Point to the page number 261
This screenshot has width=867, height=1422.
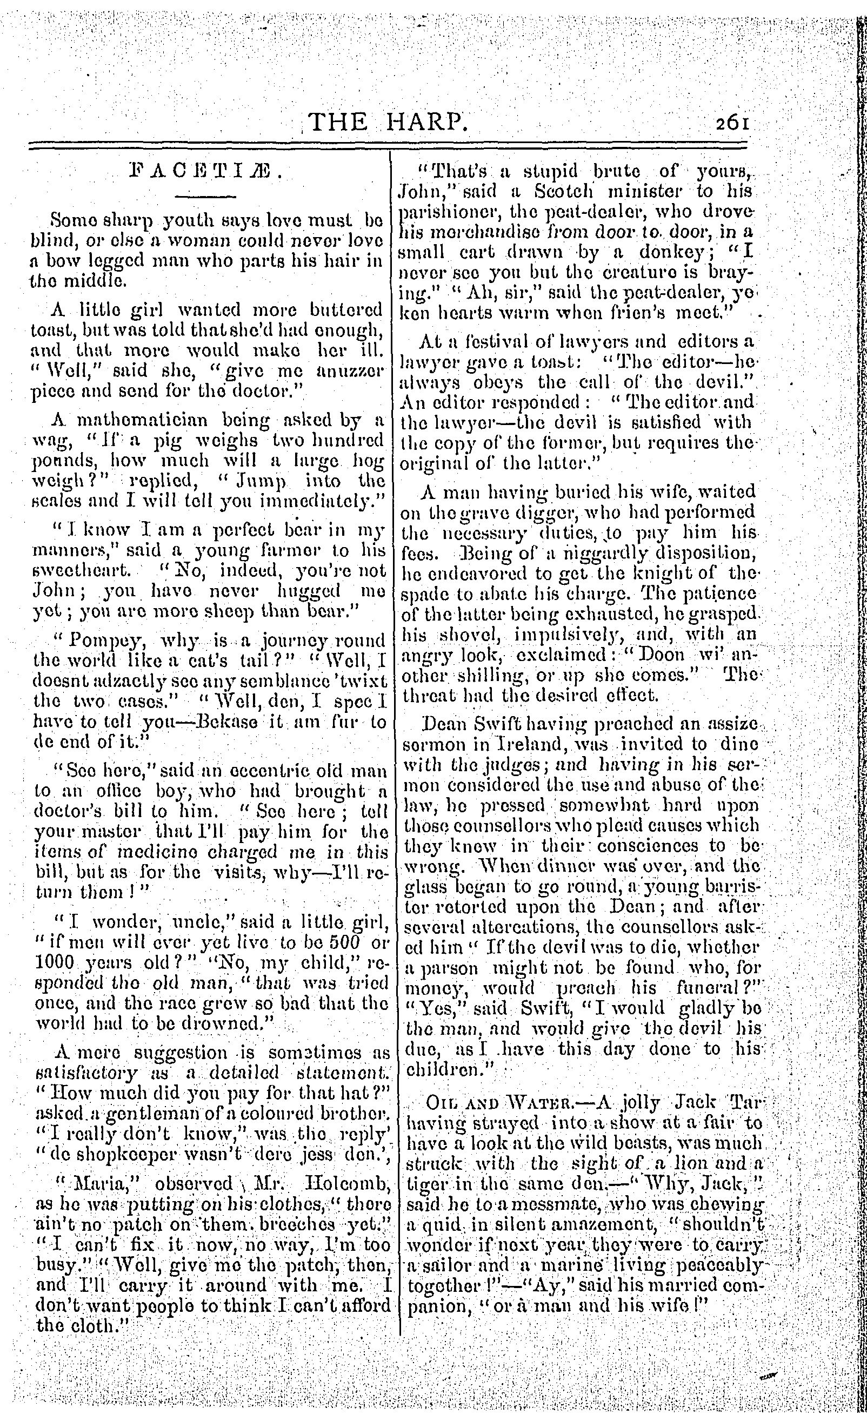click(732, 123)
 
